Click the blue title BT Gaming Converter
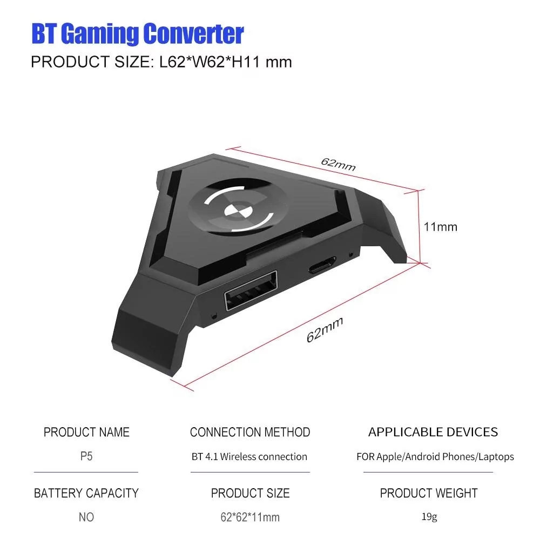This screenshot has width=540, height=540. (x=137, y=33)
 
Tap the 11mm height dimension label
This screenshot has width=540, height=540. (x=440, y=227)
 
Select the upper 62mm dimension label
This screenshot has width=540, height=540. (x=338, y=164)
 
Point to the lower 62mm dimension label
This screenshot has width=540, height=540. (x=325, y=330)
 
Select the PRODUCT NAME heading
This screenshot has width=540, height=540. (x=86, y=433)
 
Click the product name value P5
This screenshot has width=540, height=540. (x=86, y=456)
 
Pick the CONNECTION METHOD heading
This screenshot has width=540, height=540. (x=250, y=433)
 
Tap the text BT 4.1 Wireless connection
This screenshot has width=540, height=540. (x=249, y=457)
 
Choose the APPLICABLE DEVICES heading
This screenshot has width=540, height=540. (x=433, y=432)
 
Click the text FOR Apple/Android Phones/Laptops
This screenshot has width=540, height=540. (x=435, y=457)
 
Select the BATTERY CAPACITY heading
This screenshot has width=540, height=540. (x=86, y=493)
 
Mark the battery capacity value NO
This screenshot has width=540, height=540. (x=86, y=517)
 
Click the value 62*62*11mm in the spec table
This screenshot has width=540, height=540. (x=250, y=517)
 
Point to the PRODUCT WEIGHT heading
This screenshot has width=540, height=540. (x=429, y=493)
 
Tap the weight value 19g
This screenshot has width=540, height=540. (x=429, y=517)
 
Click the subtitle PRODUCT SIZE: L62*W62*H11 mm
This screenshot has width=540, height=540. (x=161, y=62)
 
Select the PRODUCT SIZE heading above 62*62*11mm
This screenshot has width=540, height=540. (x=250, y=493)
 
